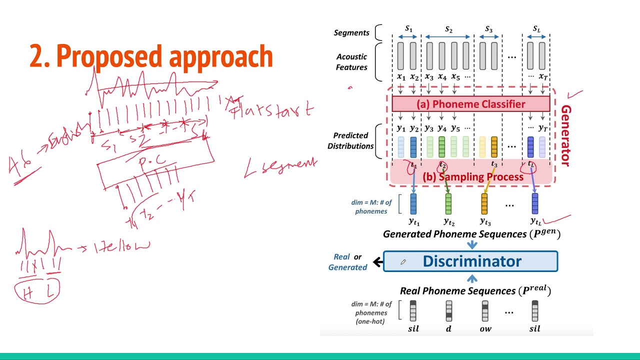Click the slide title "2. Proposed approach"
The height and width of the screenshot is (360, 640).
point(151,56)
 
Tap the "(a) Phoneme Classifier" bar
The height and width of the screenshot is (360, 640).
point(470,104)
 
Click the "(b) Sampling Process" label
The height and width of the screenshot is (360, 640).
point(472,177)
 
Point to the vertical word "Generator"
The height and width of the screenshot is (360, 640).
point(565,135)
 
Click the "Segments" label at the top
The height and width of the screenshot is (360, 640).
point(351,33)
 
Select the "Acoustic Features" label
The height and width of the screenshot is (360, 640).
point(351,62)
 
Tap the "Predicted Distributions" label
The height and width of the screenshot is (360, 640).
point(350,140)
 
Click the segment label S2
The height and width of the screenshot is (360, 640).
point(448,30)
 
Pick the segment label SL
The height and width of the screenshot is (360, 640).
point(536,29)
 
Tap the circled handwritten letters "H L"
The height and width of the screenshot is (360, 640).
point(37,292)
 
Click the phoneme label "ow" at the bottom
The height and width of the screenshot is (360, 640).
point(485,328)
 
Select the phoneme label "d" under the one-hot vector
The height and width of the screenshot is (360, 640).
point(448,328)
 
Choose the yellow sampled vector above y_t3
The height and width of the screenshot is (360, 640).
point(484,204)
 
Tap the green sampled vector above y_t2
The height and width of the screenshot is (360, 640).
point(448,204)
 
